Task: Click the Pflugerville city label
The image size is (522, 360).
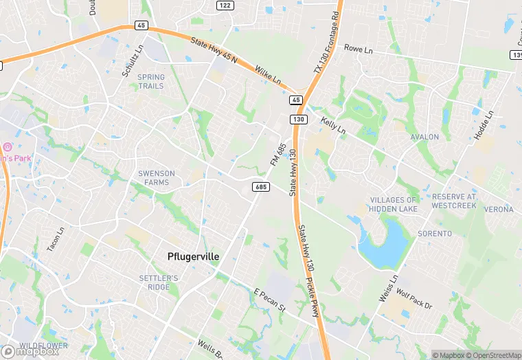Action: point(194,256)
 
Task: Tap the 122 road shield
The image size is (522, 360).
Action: point(225,5)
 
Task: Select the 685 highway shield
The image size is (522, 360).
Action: point(260,186)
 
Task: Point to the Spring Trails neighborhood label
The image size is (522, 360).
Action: point(151,81)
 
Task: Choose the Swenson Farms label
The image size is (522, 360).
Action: point(153,177)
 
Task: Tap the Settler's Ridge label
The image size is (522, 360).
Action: point(158,282)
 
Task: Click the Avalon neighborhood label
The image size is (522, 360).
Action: point(424,137)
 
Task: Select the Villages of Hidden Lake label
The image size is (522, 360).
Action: point(393,203)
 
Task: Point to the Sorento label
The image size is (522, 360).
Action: point(435,234)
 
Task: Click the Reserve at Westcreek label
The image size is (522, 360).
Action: point(454,201)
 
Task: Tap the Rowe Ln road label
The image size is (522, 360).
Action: point(358,49)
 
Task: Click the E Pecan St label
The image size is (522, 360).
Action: point(269,300)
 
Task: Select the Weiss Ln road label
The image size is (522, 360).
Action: point(388,290)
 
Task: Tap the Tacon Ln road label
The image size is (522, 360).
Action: point(55,238)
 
